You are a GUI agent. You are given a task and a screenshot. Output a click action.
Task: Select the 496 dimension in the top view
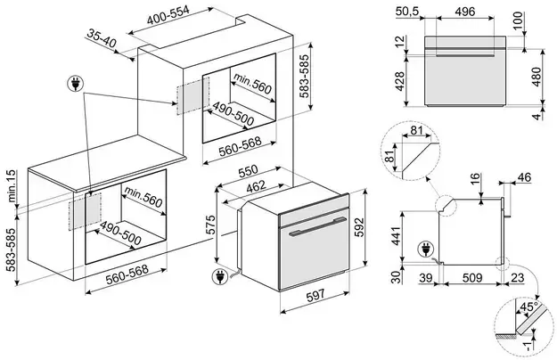pyautogui.click(x=463, y=12)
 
